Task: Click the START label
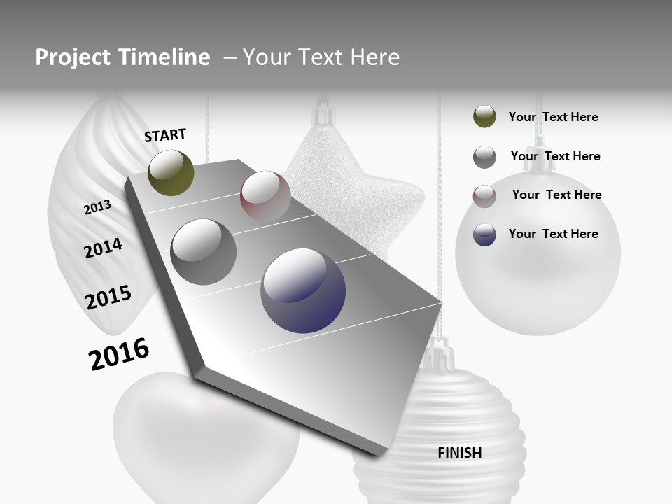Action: pos(165,135)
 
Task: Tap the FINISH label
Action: pos(460,453)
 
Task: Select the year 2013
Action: pos(97,207)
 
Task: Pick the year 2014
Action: pos(104,248)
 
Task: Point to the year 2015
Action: pos(108,297)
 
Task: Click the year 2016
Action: pos(119,354)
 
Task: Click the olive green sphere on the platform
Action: pos(171,172)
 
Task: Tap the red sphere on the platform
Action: pos(265,195)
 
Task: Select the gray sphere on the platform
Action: pos(204,252)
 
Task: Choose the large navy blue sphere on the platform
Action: pos(303,290)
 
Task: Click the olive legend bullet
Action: pos(484,117)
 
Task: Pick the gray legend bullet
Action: pos(484,157)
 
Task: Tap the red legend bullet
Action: pos(484,195)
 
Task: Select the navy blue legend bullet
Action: pos(484,234)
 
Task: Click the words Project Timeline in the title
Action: pos(122,57)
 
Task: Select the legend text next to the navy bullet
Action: pos(553,234)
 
